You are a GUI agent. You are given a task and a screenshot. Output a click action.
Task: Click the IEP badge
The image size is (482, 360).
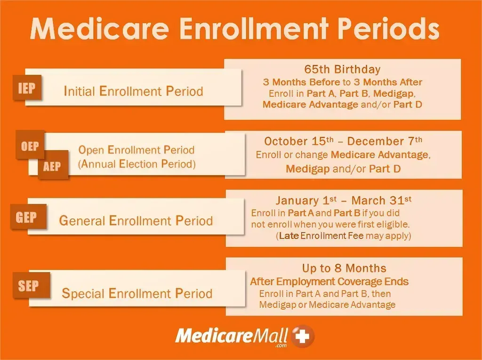point(26,88)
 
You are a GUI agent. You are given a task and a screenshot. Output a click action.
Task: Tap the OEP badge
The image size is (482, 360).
point(30,146)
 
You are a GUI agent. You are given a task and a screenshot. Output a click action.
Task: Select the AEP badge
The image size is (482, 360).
point(52,166)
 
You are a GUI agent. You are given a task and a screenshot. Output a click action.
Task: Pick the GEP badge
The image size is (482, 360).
point(26,217)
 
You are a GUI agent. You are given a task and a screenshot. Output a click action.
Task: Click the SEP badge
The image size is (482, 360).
point(28,286)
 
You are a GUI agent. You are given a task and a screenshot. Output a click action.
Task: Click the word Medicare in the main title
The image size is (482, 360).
point(99,29)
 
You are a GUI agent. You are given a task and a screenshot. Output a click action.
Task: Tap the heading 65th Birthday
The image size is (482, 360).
point(342,69)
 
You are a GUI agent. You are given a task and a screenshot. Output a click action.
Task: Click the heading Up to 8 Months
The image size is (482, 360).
point(344,268)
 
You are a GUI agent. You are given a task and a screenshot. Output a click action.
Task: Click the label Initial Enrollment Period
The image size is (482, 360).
point(133,91)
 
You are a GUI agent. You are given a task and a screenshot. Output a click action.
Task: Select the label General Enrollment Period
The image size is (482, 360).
point(136,220)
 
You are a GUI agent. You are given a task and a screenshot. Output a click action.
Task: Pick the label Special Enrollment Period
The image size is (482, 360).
point(137,294)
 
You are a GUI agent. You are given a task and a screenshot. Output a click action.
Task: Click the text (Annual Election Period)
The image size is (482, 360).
point(137,164)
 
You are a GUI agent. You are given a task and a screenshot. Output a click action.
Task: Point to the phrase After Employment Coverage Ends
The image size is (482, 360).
point(329,282)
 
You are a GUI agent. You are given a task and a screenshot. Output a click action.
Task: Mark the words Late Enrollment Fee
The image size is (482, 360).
point(321,236)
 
